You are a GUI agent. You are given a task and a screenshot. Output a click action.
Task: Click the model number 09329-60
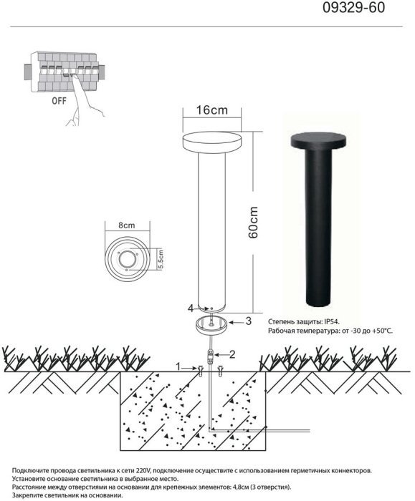click(353, 8)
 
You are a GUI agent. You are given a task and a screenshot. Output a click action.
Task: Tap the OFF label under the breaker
click(59, 101)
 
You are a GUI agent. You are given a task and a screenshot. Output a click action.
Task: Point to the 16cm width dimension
click(212, 110)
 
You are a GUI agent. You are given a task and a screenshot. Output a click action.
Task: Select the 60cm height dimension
click(253, 223)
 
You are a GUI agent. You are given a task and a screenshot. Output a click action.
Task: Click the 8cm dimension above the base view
click(127, 225)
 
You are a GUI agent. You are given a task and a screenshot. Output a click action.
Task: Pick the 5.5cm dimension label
click(161, 259)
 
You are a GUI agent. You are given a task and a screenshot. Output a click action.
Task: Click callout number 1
click(178, 366)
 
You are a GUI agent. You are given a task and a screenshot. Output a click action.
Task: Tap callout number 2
click(233, 354)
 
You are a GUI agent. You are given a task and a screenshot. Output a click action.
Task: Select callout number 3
click(248, 321)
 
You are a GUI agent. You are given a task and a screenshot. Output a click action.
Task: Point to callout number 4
click(191, 308)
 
